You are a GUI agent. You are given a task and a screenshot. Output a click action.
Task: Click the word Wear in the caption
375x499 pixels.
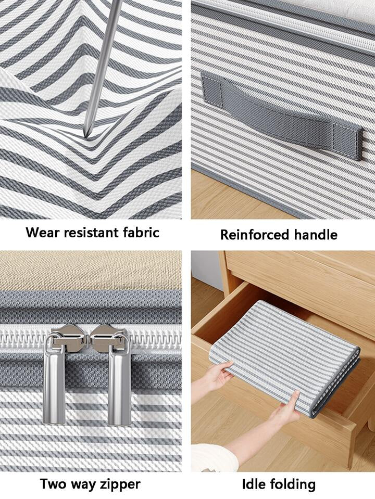43,232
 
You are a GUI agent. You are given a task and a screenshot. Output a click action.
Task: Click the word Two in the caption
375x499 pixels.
53,484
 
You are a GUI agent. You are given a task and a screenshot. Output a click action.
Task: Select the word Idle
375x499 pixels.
253,484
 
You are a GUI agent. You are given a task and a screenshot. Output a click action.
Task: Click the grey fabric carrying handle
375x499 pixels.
282,117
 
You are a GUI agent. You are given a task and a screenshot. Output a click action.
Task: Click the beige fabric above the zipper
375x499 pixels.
91,270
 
